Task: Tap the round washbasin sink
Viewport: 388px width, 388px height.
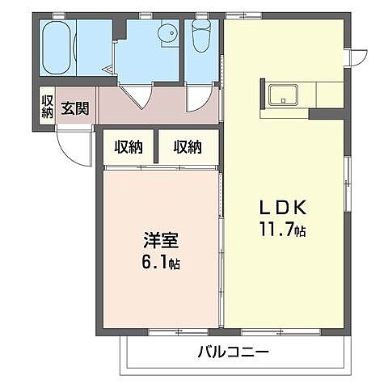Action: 168,34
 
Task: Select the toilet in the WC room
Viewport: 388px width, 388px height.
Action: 201,36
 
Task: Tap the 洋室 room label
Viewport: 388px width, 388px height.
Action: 161,240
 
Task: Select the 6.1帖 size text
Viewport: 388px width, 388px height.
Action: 161,263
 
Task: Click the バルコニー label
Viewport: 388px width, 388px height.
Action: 232,352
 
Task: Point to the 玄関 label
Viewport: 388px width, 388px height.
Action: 74,108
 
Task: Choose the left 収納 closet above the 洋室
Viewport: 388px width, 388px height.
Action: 129,147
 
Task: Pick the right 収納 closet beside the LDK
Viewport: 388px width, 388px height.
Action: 188,147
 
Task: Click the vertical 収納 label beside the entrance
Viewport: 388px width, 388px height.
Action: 47,107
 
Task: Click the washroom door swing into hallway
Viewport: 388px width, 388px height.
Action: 137,98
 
